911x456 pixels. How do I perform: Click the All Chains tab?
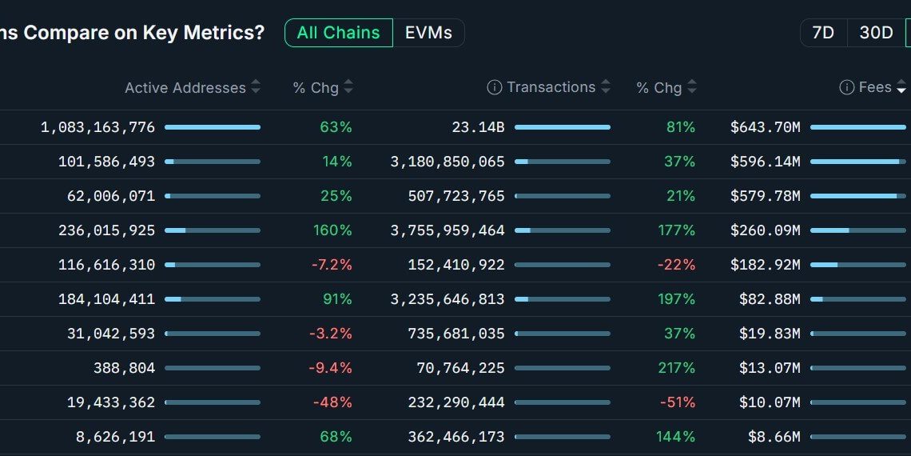[x=338, y=33]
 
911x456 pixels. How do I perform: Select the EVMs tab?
[x=428, y=33]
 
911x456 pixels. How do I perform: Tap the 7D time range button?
[x=823, y=33]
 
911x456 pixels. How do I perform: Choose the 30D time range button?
[x=876, y=33]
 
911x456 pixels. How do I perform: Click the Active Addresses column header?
[x=185, y=88]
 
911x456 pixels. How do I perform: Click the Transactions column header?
[x=551, y=87]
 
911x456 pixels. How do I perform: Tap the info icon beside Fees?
[x=847, y=88]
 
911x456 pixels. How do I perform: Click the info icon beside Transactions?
[x=495, y=88]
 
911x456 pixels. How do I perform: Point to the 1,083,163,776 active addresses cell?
[x=98, y=127]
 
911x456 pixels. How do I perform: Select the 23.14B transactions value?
[x=481, y=127]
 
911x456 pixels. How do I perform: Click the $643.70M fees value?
[x=765, y=127]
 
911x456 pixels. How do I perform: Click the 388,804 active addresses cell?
[x=124, y=368]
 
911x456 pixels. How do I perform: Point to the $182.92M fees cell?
[x=765, y=265]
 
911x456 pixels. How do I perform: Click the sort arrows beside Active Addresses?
[x=256, y=87]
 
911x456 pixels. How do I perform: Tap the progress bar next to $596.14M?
[x=857, y=162]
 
